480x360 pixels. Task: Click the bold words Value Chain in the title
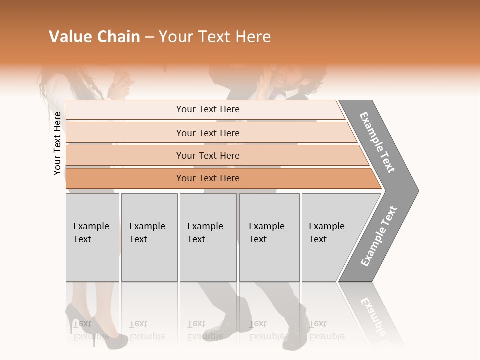tap(94, 37)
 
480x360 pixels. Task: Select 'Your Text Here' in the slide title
tap(215, 37)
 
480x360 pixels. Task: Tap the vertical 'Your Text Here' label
tap(58, 144)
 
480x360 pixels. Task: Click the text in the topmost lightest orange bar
tap(208, 109)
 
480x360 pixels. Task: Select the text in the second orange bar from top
tap(208, 133)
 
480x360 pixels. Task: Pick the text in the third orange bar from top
tap(208, 156)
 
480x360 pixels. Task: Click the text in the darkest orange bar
tap(208, 178)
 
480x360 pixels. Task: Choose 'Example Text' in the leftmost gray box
tap(91, 233)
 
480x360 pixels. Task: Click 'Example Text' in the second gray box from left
tap(147, 233)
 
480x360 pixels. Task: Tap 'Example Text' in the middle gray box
tap(205, 233)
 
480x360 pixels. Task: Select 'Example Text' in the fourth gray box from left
tap(266, 233)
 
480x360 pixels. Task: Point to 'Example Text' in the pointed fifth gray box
tap(326, 233)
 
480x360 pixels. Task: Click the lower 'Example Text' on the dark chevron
tap(379, 236)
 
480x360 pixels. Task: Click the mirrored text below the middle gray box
tap(205, 330)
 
